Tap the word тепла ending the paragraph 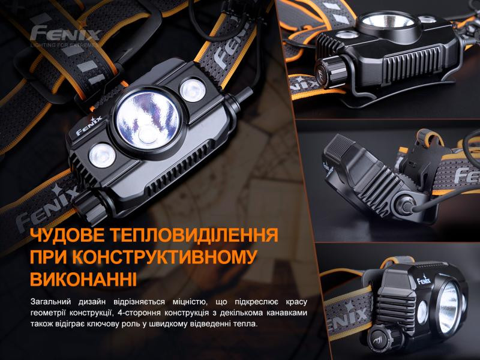245,324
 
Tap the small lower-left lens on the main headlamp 100,155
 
